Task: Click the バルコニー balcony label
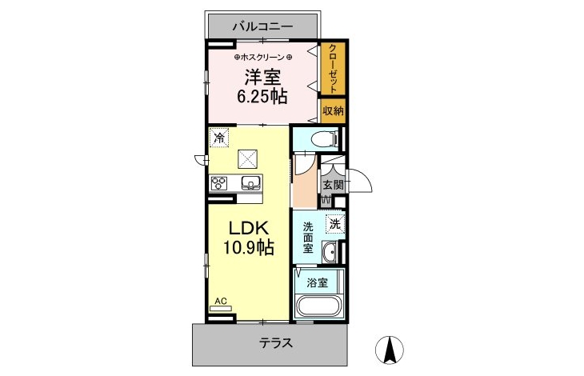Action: point(263,26)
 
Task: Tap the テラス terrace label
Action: point(276,343)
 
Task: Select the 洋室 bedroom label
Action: point(262,78)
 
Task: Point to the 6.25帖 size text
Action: point(262,97)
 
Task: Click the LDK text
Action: point(249,228)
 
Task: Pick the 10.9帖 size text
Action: point(249,247)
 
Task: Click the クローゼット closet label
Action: point(334,69)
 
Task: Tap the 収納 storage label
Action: point(333,110)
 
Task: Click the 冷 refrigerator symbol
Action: point(219,138)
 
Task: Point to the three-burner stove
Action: point(219,183)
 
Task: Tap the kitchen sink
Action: point(250,182)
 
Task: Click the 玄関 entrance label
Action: point(333,185)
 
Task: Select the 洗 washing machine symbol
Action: point(335,225)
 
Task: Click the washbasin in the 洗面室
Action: point(330,253)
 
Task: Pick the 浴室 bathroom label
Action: point(318,283)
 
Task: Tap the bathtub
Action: point(318,306)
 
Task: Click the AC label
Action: point(221,301)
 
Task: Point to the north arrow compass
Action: point(390,350)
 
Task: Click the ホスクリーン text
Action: point(263,58)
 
